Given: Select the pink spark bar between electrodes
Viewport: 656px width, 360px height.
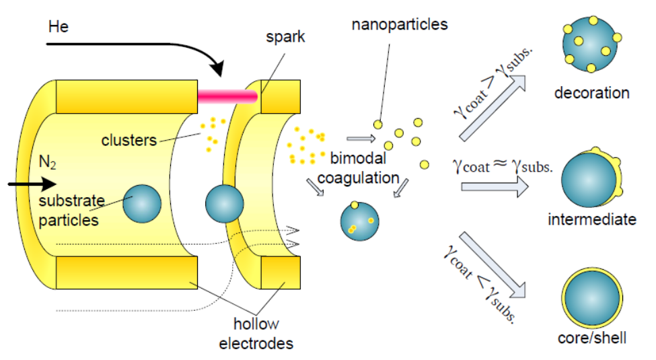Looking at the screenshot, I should (227, 98).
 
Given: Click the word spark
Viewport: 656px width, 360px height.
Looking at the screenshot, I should (285, 37).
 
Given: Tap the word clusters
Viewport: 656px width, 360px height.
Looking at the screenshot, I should (129, 140).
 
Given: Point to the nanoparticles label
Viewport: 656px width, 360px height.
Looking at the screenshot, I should (399, 26).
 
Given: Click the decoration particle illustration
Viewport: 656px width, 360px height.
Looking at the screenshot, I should (591, 44).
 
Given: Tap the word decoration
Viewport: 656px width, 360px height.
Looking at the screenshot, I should (591, 93).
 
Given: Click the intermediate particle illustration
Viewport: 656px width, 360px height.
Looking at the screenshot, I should (590, 181).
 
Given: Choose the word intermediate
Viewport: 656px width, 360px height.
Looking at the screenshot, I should (591, 219).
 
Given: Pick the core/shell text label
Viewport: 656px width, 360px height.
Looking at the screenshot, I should (592, 337).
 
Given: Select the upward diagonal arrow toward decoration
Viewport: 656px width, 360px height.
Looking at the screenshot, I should (493, 108).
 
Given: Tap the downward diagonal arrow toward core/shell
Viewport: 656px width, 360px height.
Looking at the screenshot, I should (493, 264).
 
